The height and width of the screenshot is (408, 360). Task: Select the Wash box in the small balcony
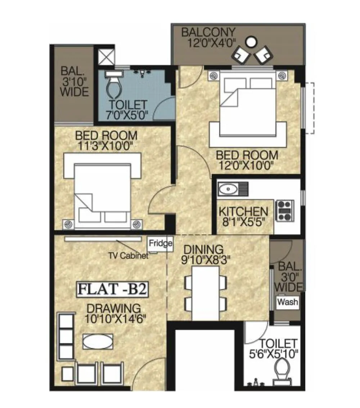coord(288,301)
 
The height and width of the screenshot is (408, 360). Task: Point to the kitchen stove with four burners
coord(285,210)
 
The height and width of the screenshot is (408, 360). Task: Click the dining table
coord(206,292)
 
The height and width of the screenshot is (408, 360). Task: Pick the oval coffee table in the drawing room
coord(98,341)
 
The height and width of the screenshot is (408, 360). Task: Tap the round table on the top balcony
coord(252,42)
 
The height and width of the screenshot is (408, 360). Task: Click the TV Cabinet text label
coord(129,256)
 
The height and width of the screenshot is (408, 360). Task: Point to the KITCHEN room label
coord(244,212)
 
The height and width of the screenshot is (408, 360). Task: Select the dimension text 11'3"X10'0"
coord(105,146)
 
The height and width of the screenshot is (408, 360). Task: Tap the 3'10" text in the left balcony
coord(75,81)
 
